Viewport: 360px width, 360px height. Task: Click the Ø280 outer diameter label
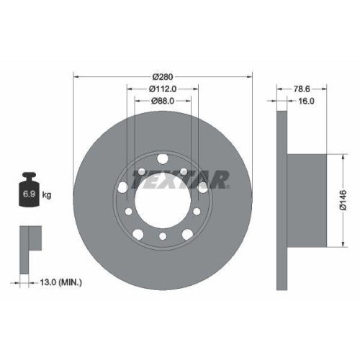pyautogui.click(x=163, y=75)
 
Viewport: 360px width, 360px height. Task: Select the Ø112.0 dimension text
pyautogui.click(x=163, y=89)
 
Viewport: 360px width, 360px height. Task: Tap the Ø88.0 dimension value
pyautogui.click(x=163, y=102)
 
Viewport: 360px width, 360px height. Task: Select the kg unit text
pyautogui.click(x=48, y=194)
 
